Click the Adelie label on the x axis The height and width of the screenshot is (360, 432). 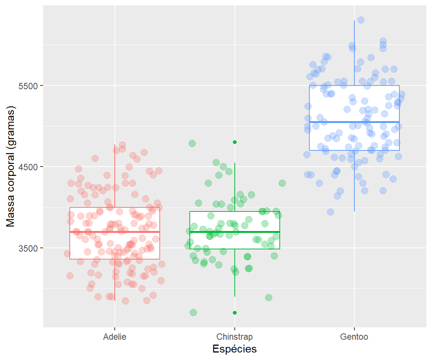(x=115, y=337)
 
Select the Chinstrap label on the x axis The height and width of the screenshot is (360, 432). (x=235, y=337)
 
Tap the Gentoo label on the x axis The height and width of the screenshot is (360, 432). (x=354, y=337)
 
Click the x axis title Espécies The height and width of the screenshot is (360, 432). (x=234, y=349)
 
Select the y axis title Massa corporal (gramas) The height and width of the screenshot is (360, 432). (x=11, y=167)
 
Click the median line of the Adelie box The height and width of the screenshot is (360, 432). (x=115, y=232)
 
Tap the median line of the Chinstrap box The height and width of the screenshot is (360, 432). (x=235, y=232)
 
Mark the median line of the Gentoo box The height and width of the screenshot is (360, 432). (x=354, y=122)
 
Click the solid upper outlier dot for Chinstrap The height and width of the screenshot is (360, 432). (x=235, y=142)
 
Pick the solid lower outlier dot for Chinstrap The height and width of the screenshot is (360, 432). (x=235, y=312)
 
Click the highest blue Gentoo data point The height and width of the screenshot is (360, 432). (x=361, y=20)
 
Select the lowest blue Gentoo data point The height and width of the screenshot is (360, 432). (x=330, y=212)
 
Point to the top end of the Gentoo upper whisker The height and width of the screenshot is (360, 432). (x=354, y=21)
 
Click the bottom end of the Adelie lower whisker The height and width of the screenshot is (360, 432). (x=115, y=300)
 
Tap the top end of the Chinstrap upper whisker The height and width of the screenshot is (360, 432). (x=235, y=163)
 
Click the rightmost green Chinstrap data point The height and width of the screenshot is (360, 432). (x=282, y=183)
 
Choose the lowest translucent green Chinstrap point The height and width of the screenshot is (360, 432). (x=193, y=312)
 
